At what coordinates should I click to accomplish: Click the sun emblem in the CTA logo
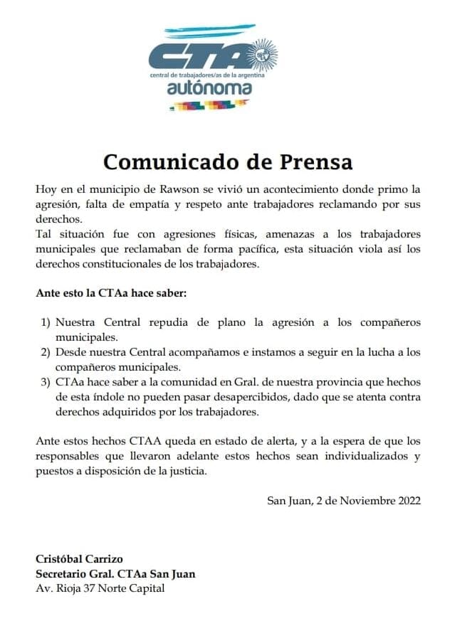click(266, 53)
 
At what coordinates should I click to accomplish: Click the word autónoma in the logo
click(209, 89)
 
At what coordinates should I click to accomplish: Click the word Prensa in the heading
click(313, 161)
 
